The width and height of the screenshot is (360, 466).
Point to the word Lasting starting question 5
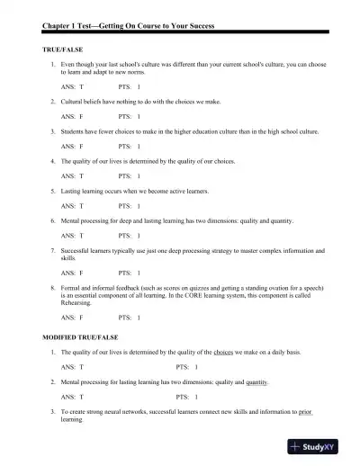pyautogui.click(x=73, y=191)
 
